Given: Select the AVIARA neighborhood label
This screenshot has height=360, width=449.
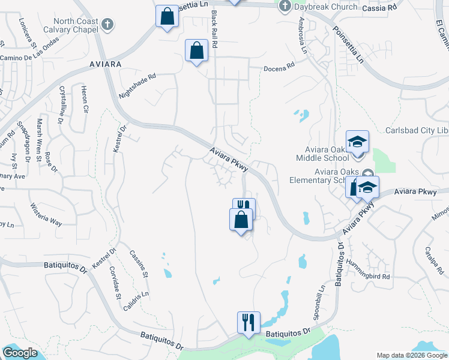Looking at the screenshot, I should click(x=104, y=63).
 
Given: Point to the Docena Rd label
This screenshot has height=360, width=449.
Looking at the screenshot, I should click(x=280, y=68).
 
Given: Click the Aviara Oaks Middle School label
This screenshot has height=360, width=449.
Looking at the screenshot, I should click(x=322, y=154).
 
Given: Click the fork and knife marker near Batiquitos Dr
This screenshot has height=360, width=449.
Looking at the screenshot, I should click(x=248, y=322).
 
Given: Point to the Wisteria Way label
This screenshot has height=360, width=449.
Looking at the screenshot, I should click(x=47, y=214).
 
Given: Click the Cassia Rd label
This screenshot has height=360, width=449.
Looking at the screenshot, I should click(x=381, y=8).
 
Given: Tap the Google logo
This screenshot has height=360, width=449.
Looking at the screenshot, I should click(x=20, y=353).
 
